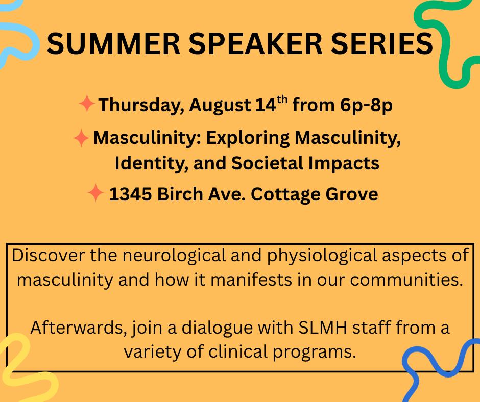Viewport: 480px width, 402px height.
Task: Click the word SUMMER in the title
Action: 113,43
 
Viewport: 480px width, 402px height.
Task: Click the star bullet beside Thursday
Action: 87,104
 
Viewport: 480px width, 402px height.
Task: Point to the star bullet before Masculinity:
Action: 81,138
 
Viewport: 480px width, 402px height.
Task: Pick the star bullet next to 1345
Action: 95,193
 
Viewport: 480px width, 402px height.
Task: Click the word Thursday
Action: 141,105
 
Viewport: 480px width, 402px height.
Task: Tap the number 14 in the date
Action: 266,105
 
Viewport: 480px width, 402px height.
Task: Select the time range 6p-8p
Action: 366,106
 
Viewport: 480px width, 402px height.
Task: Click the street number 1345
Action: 130,194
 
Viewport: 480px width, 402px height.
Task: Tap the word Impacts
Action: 344,164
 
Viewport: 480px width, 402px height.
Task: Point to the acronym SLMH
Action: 322,328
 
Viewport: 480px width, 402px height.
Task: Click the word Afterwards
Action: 79,328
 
